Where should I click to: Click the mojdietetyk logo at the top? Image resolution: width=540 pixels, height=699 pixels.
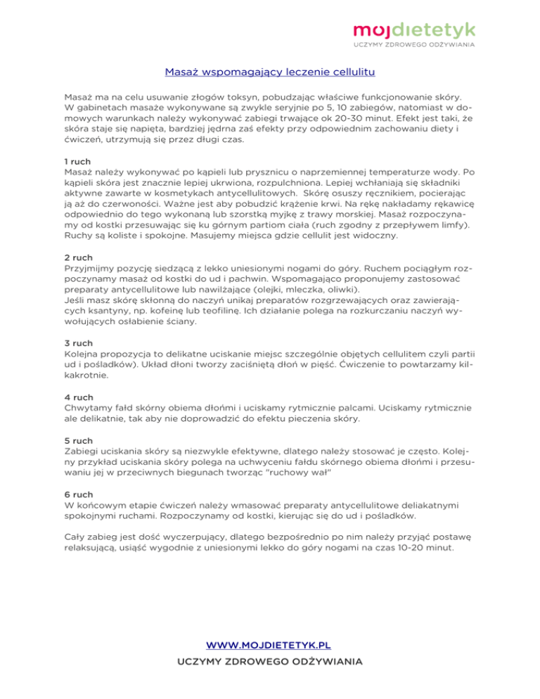(x=414, y=29)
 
